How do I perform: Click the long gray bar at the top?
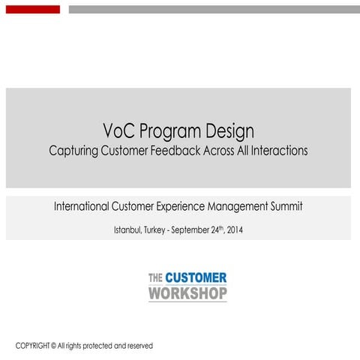click(214, 10)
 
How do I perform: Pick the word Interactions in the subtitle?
click(277, 150)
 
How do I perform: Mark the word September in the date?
click(194, 229)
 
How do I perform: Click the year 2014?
click(233, 229)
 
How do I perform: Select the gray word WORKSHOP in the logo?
click(187, 293)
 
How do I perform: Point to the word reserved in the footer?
click(137, 346)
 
